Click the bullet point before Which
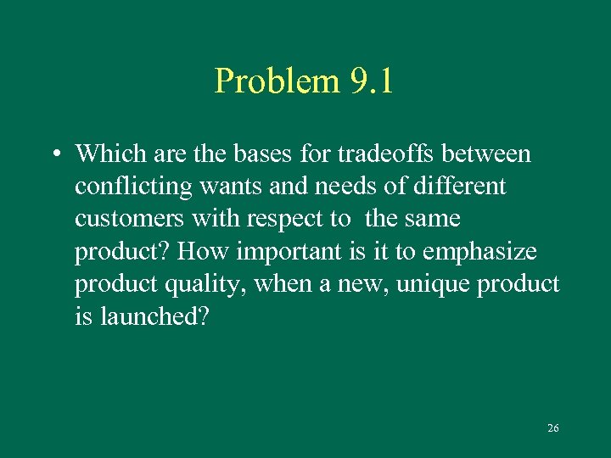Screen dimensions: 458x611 coord(53,154)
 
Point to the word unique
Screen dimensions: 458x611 coord(431,284)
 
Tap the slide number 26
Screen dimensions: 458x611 coord(553,428)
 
